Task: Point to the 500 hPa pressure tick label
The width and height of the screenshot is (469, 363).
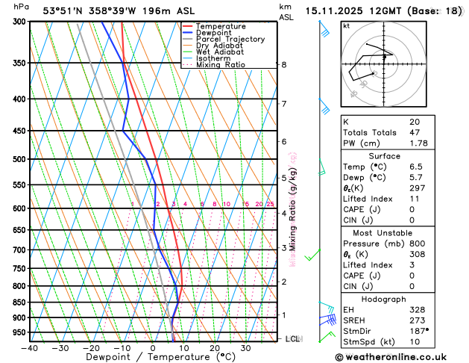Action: click(16, 159)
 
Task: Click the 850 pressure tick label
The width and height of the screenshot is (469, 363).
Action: click(16, 302)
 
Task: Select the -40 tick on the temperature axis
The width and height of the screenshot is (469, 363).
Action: click(30, 348)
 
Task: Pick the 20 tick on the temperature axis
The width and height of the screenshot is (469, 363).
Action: click(215, 348)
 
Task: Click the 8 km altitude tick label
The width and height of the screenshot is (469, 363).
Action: click(284, 65)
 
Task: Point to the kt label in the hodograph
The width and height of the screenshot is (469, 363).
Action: click(346, 26)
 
